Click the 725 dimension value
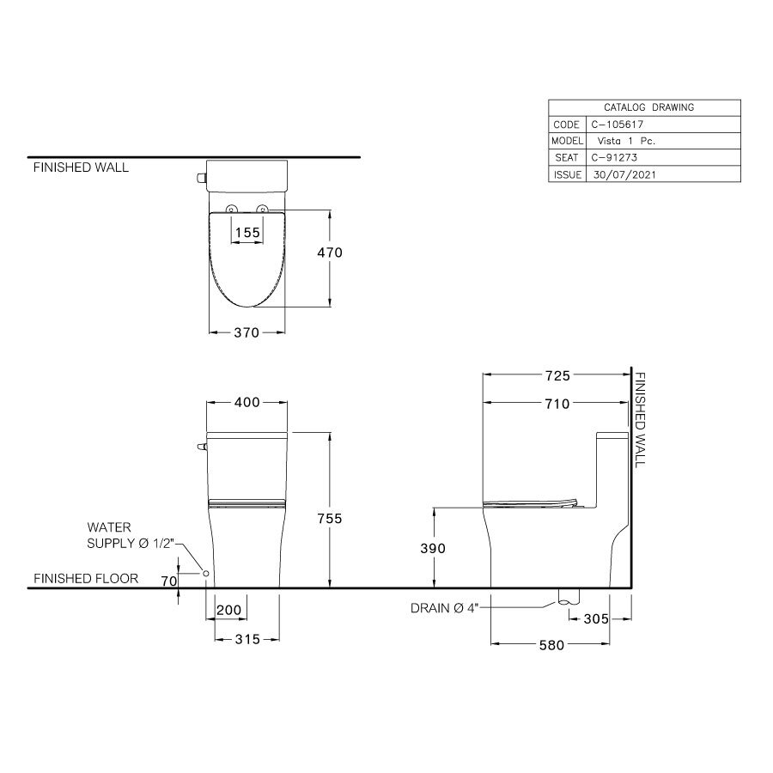coord(557,375)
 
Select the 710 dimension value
coord(557,404)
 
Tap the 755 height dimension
coord(331,518)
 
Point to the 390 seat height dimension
coord(434,548)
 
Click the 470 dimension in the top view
coord(331,253)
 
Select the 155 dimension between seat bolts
coord(247,232)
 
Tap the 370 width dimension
coord(247,334)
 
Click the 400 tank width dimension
coord(247,403)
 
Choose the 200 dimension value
coord(228,610)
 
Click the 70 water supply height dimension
coord(169,581)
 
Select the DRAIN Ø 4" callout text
coord(443,609)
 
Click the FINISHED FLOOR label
coord(86,579)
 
